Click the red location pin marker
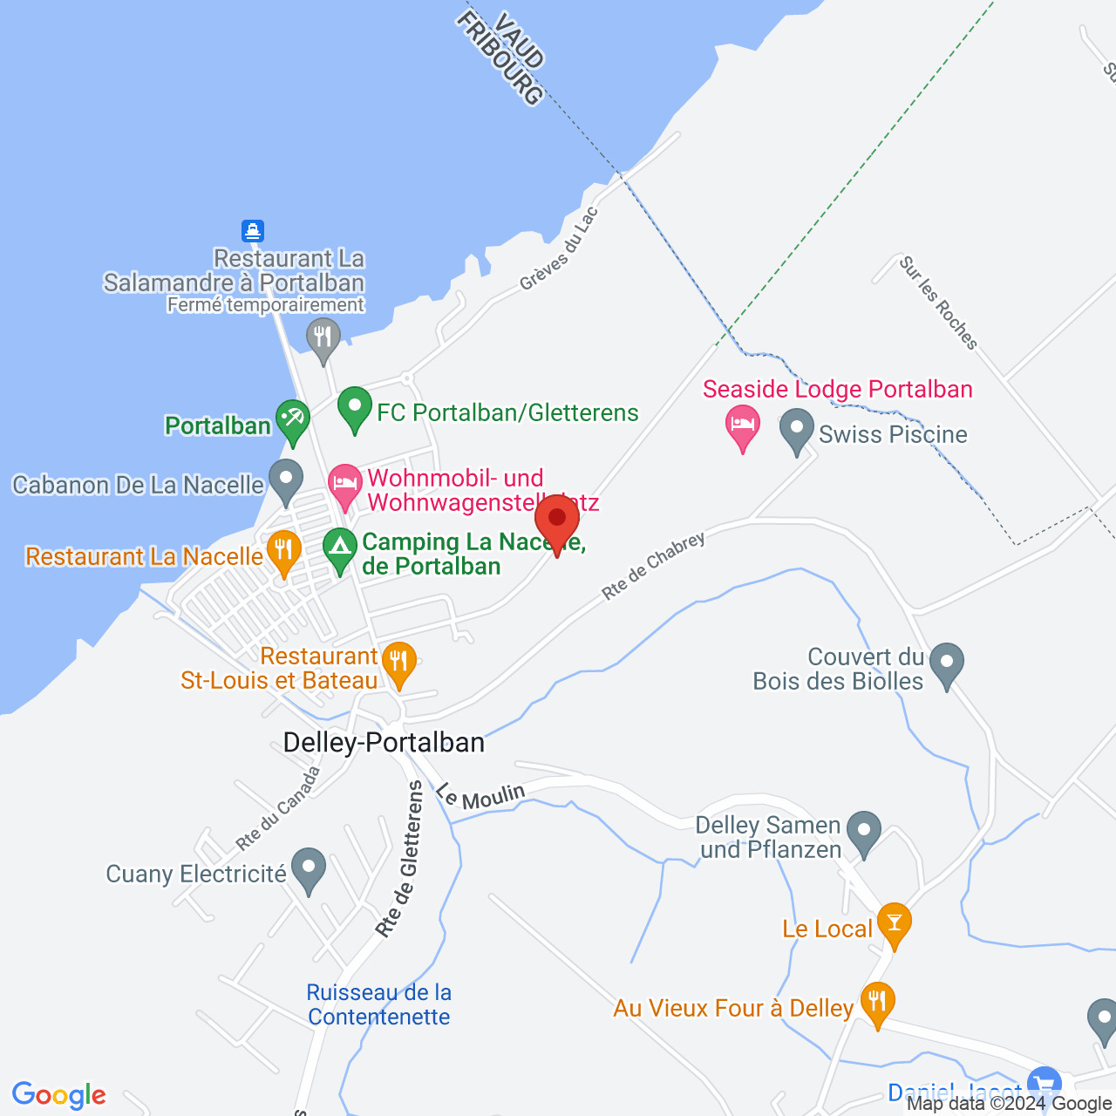click(x=556, y=521)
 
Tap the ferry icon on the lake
click(x=253, y=231)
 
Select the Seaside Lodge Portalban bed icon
click(x=743, y=425)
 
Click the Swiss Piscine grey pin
click(x=796, y=429)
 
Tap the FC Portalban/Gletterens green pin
click(x=355, y=407)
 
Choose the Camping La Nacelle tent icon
click(x=340, y=549)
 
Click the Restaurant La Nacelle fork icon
click(x=283, y=550)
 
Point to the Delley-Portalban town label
click(x=384, y=743)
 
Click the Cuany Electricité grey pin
click(x=308, y=868)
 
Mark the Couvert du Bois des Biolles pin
click(x=946, y=663)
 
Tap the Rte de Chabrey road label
click(x=653, y=566)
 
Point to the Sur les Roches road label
click(x=938, y=303)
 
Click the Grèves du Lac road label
click(x=559, y=248)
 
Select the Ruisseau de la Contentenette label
click(x=379, y=1004)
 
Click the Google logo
click(x=59, y=1095)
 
